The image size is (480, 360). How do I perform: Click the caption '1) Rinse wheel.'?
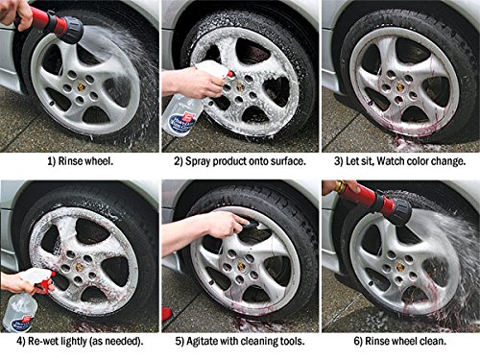pos(80,161)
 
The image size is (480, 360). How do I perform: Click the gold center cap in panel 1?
pos(82,87)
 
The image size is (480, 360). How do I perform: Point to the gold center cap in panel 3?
pos(400,86)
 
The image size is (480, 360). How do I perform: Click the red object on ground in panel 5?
pos(166,314)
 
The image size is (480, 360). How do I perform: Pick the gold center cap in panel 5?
pos(241,265)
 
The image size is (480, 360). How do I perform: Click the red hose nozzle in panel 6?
pos(372,199)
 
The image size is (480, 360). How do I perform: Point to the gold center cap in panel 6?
pos(400,267)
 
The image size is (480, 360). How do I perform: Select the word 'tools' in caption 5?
pos(292,341)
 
